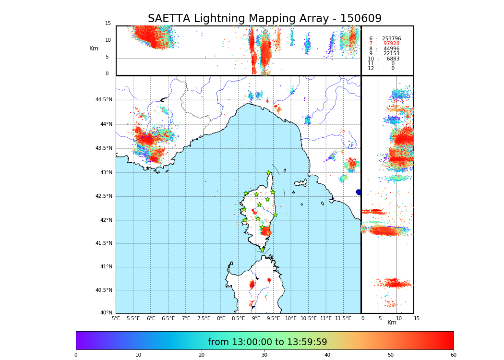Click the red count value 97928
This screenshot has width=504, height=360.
point(391,44)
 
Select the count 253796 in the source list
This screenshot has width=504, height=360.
point(391,39)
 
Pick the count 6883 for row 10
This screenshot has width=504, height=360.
point(393,59)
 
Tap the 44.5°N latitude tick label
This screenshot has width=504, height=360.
point(104,100)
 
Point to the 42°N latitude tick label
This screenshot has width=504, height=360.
point(105,220)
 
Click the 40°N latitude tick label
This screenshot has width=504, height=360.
point(105,313)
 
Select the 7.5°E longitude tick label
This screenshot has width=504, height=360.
point(204,319)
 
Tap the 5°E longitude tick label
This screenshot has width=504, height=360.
point(116,319)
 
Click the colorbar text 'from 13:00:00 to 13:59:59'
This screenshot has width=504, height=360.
point(267,342)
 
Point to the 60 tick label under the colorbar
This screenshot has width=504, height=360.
point(453,355)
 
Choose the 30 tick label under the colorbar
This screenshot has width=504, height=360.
point(264,355)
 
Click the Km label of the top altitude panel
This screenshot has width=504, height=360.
point(94,48)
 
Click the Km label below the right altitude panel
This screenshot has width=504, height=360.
point(392,323)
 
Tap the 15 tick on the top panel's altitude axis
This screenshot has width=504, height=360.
point(108,24)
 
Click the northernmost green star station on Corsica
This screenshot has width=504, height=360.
point(269,173)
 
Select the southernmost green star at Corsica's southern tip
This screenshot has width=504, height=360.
point(262,250)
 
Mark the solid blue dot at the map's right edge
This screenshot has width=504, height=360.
point(359,192)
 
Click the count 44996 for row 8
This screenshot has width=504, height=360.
point(391,49)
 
